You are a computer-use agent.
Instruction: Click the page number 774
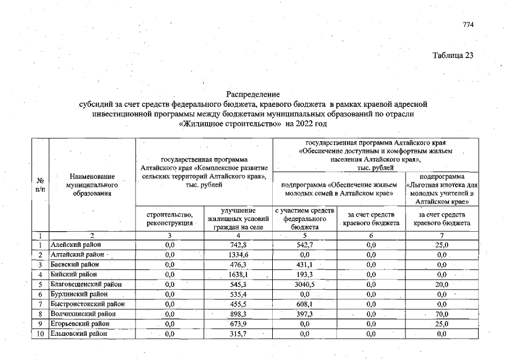click(469, 25)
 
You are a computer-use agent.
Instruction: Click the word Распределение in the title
click(253, 93)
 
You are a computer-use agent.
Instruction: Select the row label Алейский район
click(73, 245)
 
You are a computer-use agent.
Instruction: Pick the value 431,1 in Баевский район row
click(305, 264)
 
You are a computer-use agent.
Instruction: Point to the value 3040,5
click(305, 284)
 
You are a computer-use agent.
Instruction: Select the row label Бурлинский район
click(75, 294)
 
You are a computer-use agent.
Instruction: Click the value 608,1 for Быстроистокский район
click(305, 304)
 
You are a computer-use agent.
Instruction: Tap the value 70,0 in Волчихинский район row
click(442, 314)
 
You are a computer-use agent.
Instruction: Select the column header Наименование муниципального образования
click(92, 184)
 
